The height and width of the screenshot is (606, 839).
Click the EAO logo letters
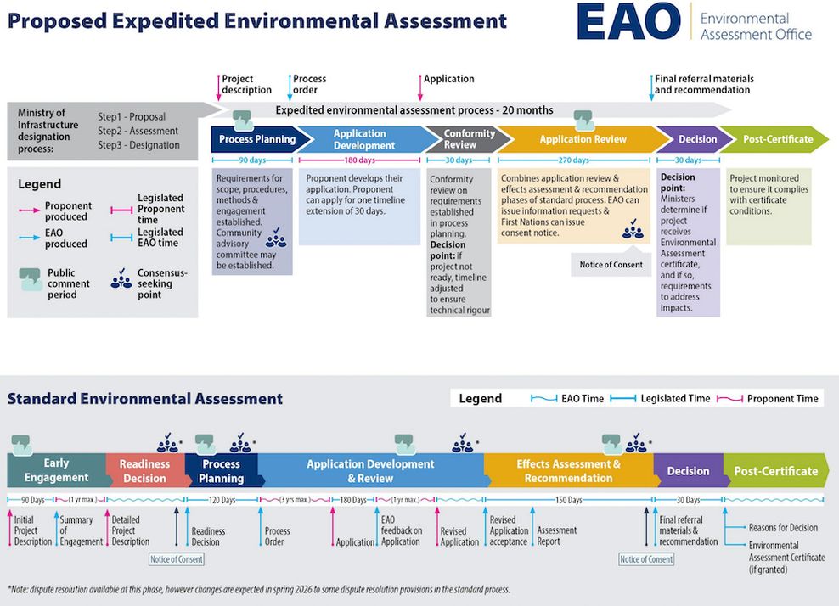628,23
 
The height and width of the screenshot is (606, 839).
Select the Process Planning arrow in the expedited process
256,139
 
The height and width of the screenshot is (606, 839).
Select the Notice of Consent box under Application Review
611,265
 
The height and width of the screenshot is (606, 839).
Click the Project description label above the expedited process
246,84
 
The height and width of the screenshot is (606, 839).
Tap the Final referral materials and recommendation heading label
703,84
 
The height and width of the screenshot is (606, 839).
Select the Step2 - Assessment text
138,131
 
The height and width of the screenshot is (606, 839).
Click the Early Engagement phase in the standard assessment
56,470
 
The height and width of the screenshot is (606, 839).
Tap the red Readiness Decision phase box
144,470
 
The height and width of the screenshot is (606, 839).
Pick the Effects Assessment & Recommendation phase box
568,470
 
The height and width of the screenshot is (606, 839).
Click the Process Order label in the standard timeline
278,536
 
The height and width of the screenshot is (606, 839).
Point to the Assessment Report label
556,536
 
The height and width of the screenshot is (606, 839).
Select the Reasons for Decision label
783,528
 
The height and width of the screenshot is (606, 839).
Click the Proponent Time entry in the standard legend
781,398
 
